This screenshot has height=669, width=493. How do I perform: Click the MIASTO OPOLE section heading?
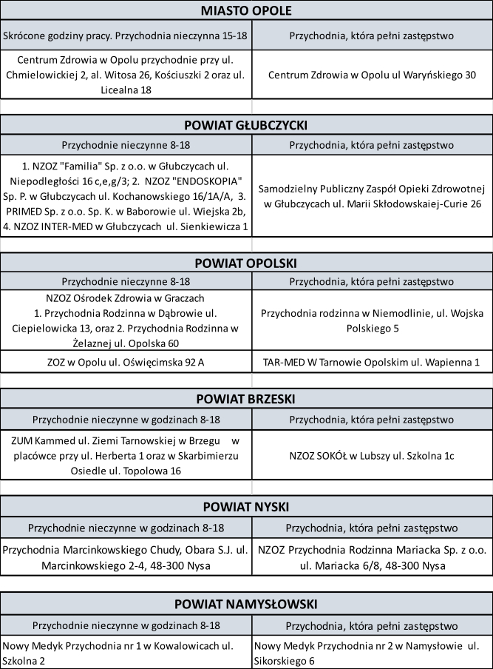pos(246,10)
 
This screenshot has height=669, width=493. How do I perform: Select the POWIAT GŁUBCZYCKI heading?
pos(246,124)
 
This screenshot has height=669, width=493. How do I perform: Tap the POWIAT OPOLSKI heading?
pos(246,262)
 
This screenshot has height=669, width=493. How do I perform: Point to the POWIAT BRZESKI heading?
pos(246,399)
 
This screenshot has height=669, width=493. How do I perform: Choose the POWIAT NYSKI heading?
pos(246,506)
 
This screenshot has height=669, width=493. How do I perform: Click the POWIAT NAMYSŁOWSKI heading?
pos(246,603)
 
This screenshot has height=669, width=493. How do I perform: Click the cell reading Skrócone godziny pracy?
pos(126,35)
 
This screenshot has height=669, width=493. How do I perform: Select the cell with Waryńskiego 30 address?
pos(372,75)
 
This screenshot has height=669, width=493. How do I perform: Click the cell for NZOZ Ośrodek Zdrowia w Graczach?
pos(126,320)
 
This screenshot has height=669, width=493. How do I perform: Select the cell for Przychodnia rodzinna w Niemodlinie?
pos(372,320)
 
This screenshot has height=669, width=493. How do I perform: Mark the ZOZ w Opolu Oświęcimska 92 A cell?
pos(126,362)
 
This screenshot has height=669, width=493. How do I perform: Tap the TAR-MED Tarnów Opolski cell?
pos(372,362)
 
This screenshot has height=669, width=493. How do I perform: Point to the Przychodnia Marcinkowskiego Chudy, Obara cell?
pos(126,558)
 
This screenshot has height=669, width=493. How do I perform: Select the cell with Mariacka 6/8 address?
pos(372,558)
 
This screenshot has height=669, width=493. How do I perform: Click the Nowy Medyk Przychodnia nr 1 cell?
pos(126,653)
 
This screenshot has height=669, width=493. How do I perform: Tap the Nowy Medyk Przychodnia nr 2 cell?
pos(372,653)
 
